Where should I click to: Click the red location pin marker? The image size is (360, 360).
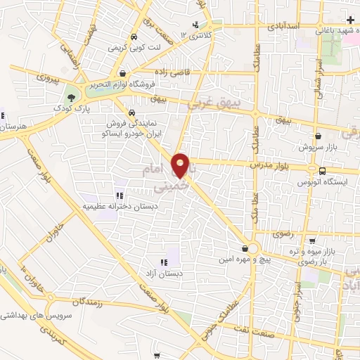181,165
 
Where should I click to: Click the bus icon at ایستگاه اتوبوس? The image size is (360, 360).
322,170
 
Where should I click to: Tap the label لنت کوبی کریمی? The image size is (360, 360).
134,49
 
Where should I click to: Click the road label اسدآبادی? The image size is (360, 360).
285,25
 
